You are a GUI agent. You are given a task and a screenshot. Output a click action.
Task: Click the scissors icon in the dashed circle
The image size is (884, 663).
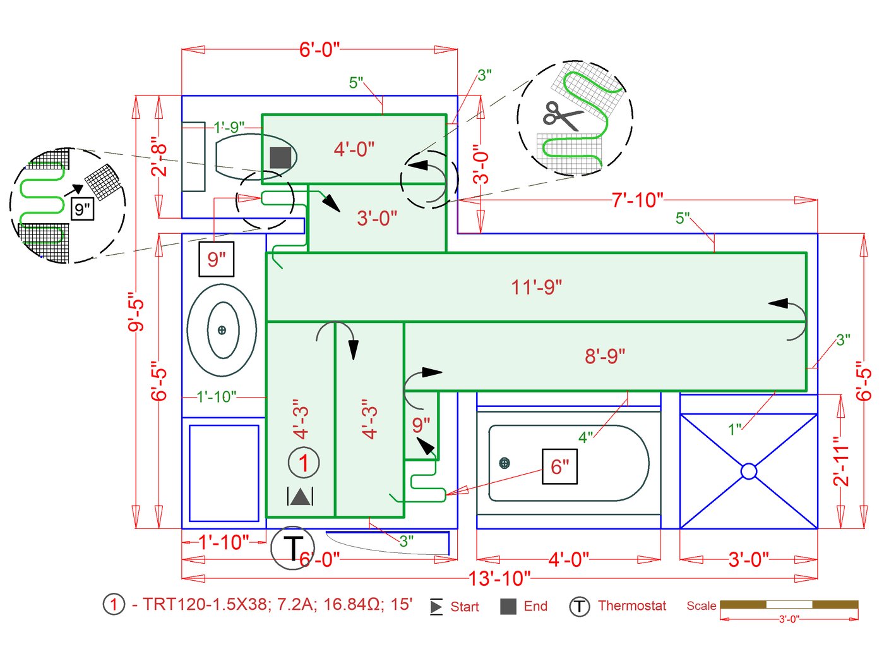click(561, 116)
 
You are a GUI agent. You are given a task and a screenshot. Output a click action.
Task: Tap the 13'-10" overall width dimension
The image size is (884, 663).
click(499, 578)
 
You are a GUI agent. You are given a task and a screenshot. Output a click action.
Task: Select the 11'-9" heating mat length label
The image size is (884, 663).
click(536, 287)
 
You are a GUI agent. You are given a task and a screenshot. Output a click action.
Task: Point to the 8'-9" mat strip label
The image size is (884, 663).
click(604, 356)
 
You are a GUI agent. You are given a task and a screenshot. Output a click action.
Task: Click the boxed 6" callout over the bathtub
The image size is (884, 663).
click(559, 467)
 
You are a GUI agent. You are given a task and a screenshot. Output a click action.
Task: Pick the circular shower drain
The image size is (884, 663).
click(748, 471)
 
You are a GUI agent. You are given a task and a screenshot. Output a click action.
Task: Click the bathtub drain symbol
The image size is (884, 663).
click(504, 463)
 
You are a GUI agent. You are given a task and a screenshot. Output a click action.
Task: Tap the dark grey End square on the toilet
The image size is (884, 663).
click(280, 157)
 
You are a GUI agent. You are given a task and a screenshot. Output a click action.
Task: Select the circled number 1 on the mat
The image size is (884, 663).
click(304, 463)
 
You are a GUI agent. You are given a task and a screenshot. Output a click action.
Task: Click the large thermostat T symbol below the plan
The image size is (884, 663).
click(292, 548)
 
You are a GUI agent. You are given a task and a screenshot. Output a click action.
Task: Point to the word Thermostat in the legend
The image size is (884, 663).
click(631, 605)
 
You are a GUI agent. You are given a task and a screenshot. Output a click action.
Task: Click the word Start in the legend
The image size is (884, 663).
click(464, 607)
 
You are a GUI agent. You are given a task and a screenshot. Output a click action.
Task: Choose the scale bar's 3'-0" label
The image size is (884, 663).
click(789, 619)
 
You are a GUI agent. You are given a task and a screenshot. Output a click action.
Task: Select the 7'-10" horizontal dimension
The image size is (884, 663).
click(637, 200)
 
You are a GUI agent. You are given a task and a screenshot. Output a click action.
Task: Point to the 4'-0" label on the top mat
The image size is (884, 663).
click(354, 149)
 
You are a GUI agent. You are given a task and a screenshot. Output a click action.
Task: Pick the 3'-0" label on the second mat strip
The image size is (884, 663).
click(377, 218)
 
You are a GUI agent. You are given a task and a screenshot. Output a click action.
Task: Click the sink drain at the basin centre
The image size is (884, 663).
click(222, 330)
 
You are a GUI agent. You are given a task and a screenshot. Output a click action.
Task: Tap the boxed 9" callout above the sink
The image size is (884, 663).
click(217, 259)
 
